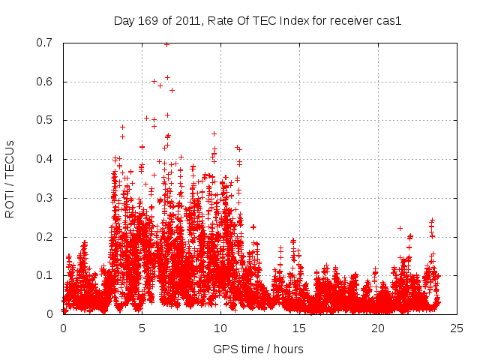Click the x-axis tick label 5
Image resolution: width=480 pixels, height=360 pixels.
click(x=142, y=328)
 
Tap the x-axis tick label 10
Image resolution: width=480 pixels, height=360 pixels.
click(x=220, y=328)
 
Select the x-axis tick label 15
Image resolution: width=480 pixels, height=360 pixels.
click(x=299, y=328)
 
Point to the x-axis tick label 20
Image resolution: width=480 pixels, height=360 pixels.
click(x=378, y=328)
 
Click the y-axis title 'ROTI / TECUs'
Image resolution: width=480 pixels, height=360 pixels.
click(x=10, y=178)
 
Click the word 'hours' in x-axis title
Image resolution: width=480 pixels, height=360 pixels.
click(x=289, y=349)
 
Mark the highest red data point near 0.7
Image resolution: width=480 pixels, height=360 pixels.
click(x=166, y=44)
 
